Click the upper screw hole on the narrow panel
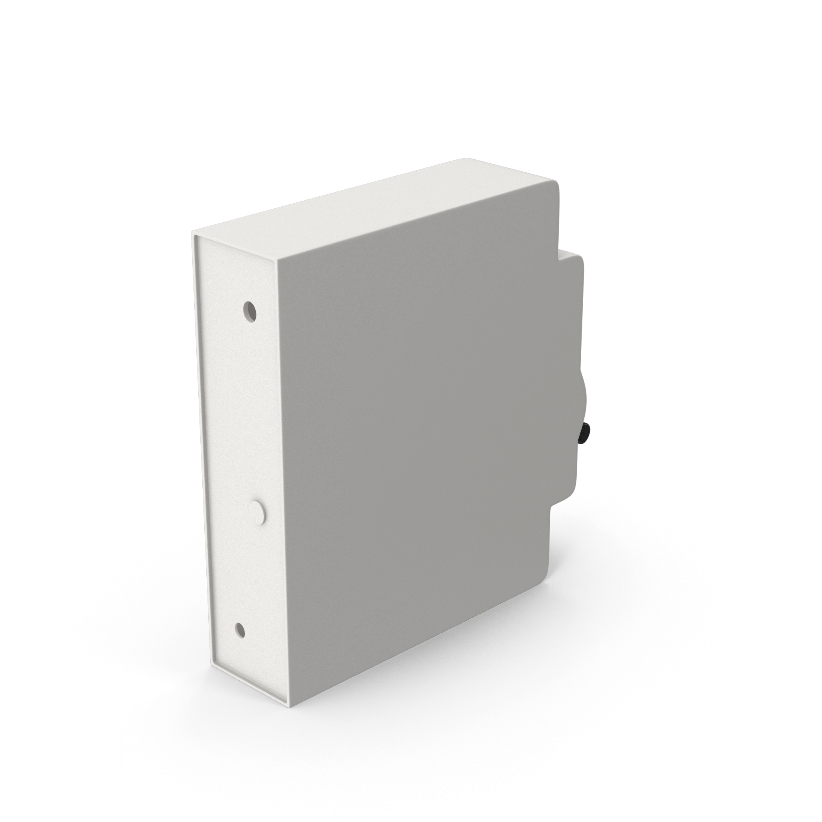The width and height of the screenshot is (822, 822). pos(250,311)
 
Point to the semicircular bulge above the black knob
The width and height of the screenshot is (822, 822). pos(582,396)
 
